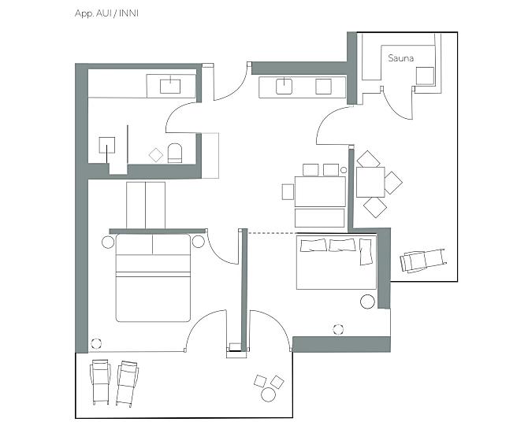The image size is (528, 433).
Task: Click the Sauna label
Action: click(400, 58)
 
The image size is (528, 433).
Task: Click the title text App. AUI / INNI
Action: click(106, 13)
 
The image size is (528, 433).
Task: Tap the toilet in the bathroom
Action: click(175, 153)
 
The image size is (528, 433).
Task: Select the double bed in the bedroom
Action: click(153, 278)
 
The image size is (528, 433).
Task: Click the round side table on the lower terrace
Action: click(269, 394)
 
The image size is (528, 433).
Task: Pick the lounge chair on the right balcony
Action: click(424, 260)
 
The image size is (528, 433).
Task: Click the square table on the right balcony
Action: click(370, 182)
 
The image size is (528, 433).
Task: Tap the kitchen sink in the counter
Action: click(284, 87)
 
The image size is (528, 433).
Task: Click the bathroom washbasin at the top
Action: click(170, 86)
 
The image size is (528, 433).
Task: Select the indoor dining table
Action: click(320, 191)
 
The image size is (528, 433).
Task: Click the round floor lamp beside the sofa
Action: click(367, 302)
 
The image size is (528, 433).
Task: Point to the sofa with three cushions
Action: click(336, 262)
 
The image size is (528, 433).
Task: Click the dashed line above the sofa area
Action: click(271, 233)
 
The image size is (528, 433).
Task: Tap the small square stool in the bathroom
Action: click(156, 155)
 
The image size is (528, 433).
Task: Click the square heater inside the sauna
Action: click(425, 76)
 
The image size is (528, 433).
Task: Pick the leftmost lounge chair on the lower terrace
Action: click(100, 382)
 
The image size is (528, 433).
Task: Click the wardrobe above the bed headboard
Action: click(146, 205)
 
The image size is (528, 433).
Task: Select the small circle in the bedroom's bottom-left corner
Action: click(96, 343)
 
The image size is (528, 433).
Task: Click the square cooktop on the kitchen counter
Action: click(323, 87)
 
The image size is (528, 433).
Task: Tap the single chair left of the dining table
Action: click(288, 192)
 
